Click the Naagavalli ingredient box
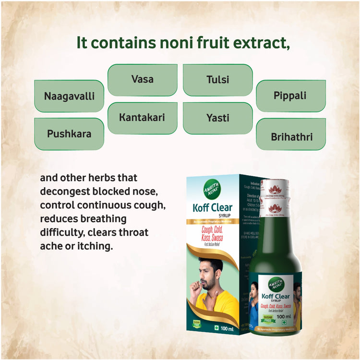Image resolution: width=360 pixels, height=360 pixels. pos(69,96)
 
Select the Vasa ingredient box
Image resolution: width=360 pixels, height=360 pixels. pos(143,80)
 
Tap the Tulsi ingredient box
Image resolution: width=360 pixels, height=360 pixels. pos(218,80)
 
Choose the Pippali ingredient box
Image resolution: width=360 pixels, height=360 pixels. pos(290,96)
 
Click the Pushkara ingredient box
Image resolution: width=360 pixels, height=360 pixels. pos(69,134)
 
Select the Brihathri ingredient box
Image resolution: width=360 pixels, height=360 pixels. pos(291,137)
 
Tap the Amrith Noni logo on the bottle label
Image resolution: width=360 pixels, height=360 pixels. pos(276,283)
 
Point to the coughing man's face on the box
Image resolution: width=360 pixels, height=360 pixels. pos(209,276)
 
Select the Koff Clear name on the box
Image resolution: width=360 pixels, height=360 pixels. pos(212,208)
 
